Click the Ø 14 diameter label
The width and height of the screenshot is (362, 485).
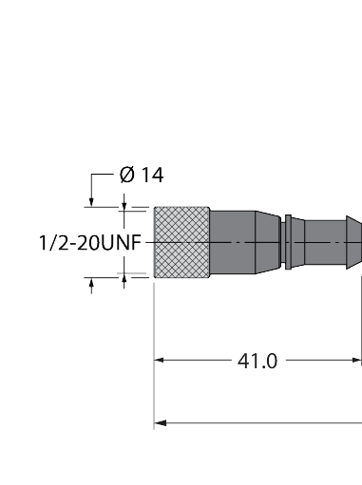[x=142, y=175]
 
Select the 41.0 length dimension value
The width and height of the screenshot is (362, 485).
[x=257, y=361]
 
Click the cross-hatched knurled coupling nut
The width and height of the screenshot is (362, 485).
[x=181, y=244]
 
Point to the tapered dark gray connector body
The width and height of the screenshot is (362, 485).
[x=245, y=244]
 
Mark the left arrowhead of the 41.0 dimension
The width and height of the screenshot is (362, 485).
[x=160, y=361]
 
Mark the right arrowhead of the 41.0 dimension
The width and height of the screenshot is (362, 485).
[x=357, y=361]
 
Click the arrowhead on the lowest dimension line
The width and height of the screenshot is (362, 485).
[x=160, y=422]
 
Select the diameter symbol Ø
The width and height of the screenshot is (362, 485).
[x=126, y=175]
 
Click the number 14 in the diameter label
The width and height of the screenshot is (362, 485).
[x=152, y=175]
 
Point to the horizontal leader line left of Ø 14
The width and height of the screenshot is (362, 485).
[x=102, y=176]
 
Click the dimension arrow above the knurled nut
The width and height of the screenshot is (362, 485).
[x=124, y=203]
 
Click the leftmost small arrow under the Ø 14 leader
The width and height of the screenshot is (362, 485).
[x=92, y=201]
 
